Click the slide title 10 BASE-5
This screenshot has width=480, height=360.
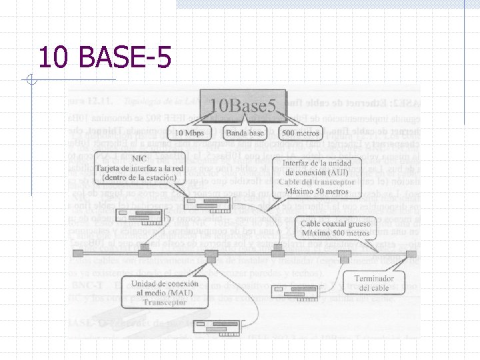coord(105,57)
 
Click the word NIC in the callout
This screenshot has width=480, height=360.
coord(139,159)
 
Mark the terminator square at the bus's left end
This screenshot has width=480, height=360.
coord(78,253)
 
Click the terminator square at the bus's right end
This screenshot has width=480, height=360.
coord(411,253)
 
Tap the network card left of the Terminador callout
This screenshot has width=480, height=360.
coord(293,291)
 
